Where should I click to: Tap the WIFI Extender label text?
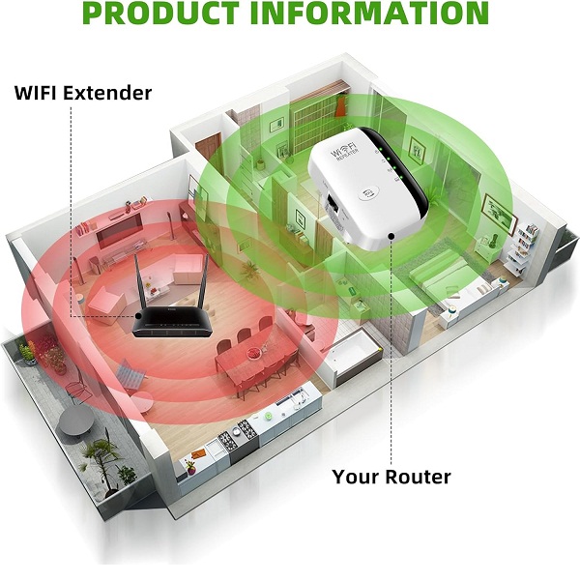(83, 94)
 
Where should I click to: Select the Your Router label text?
(391, 477)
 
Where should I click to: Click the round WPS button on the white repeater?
(368, 192)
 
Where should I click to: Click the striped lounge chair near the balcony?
(130, 370)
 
